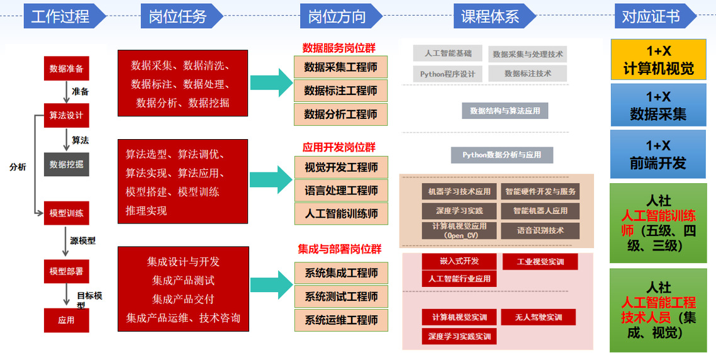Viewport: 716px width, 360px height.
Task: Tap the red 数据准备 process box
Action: (x=66, y=68)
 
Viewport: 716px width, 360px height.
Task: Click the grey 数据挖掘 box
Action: (x=66, y=164)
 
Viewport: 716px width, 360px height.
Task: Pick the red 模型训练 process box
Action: (x=66, y=213)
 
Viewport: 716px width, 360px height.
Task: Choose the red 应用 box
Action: (x=66, y=320)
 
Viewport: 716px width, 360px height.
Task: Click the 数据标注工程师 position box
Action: (x=340, y=91)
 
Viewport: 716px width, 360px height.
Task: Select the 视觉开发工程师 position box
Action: (x=341, y=167)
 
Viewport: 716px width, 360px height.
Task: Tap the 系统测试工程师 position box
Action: (x=341, y=296)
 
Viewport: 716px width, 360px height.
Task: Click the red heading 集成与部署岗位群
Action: (x=340, y=249)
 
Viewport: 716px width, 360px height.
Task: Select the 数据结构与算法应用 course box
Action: (x=505, y=111)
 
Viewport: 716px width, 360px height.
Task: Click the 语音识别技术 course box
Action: (x=540, y=230)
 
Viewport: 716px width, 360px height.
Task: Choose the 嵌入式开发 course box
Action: (x=459, y=261)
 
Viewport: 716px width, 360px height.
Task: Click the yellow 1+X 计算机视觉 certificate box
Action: (x=658, y=60)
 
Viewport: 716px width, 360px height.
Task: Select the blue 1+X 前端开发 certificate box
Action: (x=658, y=154)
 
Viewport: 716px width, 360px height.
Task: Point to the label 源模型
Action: (x=82, y=240)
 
